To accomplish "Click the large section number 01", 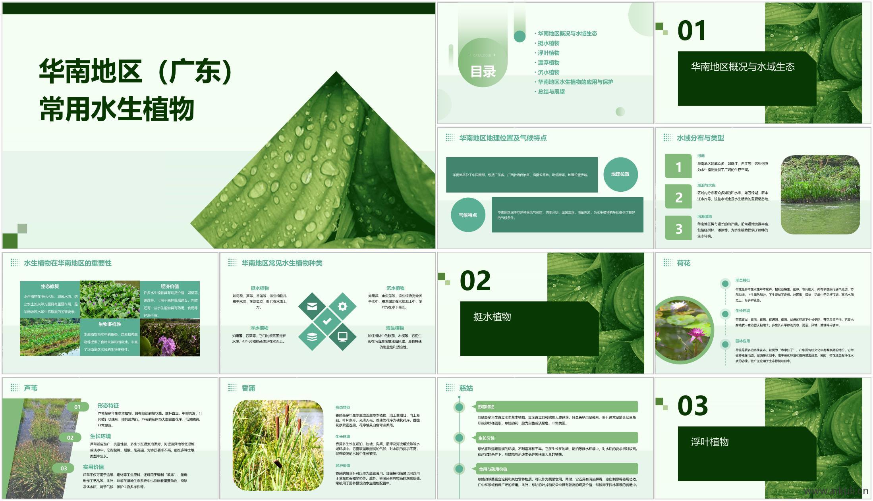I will [691, 31].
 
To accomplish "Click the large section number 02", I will [475, 281].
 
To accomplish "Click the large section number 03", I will [693, 406].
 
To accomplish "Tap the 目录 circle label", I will [483, 71].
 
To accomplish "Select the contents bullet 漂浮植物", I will [549, 63].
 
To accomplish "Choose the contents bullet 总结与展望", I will [551, 92].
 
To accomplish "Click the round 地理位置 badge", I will [620, 174].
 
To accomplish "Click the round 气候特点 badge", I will [467, 215].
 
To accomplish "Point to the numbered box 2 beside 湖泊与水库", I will [678, 197].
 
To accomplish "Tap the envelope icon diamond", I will [312, 306].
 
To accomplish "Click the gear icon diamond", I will [342, 306].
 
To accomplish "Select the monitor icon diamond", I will [342, 337].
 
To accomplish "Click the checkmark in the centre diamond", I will [327, 321].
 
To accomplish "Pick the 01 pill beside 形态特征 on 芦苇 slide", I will [77, 407].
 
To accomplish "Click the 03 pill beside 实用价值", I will [64, 468].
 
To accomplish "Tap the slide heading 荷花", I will [684, 263].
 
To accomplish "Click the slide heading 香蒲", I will [248, 388].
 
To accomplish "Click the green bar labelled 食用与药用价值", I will [556, 469].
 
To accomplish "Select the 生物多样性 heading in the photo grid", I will [110, 324].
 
